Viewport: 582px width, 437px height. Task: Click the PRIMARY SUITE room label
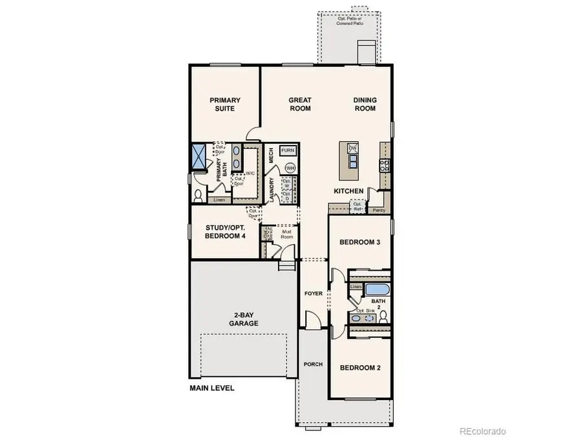tap(225, 104)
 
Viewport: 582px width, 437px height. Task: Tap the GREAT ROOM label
tap(300, 104)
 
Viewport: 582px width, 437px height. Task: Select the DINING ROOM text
tap(365, 104)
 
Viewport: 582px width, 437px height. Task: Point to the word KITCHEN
tap(349, 192)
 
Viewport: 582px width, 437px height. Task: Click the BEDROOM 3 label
tap(360, 242)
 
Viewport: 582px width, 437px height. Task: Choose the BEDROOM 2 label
tap(360, 368)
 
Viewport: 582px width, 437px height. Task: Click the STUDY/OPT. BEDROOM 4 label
tap(225, 232)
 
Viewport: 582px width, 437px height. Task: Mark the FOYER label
tap(313, 294)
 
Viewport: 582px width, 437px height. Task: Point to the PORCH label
tap(313, 364)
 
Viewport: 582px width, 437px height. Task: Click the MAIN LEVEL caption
tap(212, 389)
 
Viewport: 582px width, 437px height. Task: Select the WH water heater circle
tap(290, 168)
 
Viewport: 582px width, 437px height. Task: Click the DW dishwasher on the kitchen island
tap(352, 149)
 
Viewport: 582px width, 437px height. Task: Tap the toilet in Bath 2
tap(383, 316)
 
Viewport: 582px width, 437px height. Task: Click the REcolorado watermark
tap(482, 431)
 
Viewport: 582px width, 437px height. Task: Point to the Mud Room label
tap(286, 234)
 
